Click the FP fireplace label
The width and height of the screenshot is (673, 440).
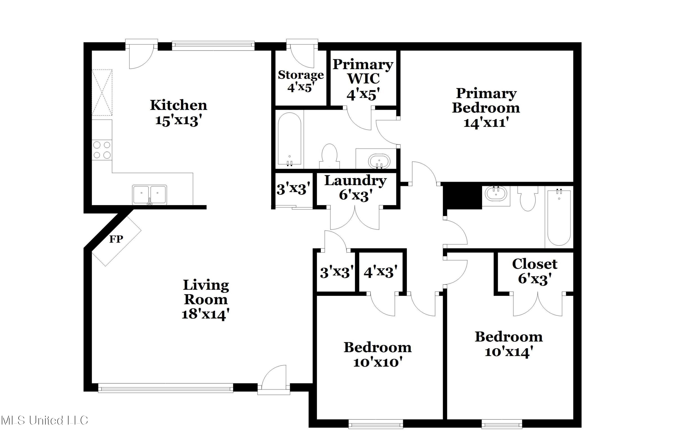tap(116, 239)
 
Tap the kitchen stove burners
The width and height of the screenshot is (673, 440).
tap(102, 150)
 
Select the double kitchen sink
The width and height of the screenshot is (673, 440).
tap(150, 194)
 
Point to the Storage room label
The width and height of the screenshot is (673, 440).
tap(301, 75)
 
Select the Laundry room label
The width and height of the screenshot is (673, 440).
tap(355, 180)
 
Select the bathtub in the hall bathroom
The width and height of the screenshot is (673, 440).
tap(559, 218)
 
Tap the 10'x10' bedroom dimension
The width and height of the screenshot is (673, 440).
tap(378, 362)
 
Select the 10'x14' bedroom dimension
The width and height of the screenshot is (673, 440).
tap(509, 352)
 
